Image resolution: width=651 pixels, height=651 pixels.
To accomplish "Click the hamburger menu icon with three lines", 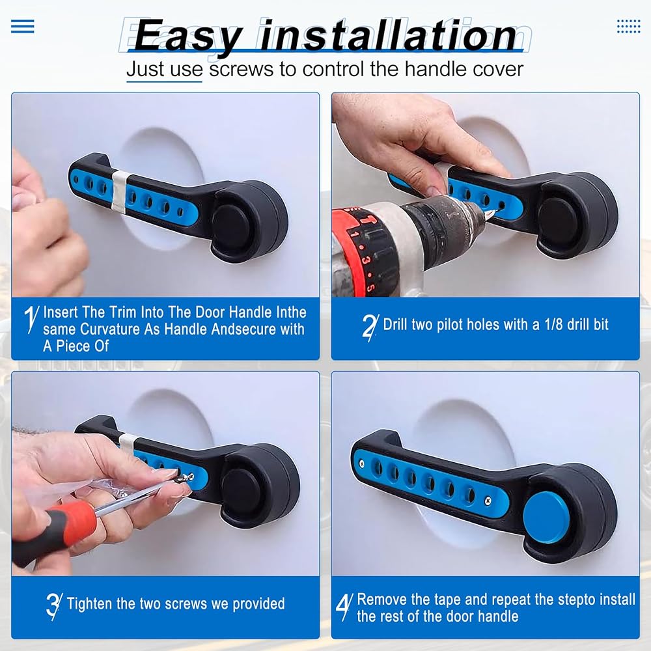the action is pyautogui.click(x=22, y=26).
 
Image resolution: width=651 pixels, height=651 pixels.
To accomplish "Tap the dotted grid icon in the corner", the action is pyautogui.click(x=629, y=26).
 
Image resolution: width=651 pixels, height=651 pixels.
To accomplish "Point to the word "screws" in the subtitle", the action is pyautogui.click(x=242, y=69).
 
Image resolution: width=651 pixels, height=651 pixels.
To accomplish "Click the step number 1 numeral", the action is pyautogui.click(x=31, y=319).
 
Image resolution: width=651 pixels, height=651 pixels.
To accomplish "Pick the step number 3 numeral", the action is pyautogui.click(x=54, y=606).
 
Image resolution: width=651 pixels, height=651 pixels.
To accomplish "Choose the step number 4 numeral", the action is pyautogui.click(x=344, y=606).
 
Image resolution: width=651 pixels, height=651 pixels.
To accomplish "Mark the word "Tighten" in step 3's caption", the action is pyautogui.click(x=90, y=603).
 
